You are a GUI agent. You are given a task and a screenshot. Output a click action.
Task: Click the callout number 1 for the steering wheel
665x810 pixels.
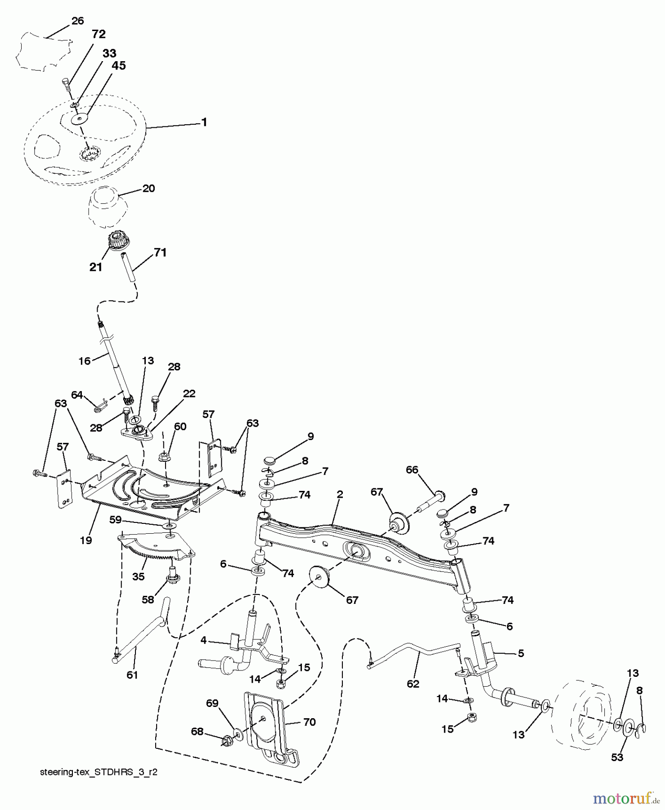(x=204, y=122)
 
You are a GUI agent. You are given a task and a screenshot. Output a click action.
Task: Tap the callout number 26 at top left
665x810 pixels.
(x=77, y=21)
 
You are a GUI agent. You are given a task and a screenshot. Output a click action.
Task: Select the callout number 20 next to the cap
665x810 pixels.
(x=148, y=188)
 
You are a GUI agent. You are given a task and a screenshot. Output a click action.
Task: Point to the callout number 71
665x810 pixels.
(x=160, y=253)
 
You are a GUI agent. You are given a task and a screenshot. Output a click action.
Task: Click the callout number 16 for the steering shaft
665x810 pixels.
(x=85, y=360)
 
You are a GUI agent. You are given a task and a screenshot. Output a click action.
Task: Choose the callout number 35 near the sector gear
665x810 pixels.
(x=139, y=576)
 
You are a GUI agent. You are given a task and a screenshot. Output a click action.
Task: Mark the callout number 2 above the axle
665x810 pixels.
(x=340, y=494)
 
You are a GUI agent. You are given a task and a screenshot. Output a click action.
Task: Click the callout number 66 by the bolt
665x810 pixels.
(x=412, y=470)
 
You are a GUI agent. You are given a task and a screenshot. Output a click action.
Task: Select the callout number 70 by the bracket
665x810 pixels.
(x=309, y=722)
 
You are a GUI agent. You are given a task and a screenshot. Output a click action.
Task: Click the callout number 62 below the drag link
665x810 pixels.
(x=413, y=684)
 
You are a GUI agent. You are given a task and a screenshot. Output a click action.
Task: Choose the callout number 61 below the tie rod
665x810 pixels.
(x=132, y=675)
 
